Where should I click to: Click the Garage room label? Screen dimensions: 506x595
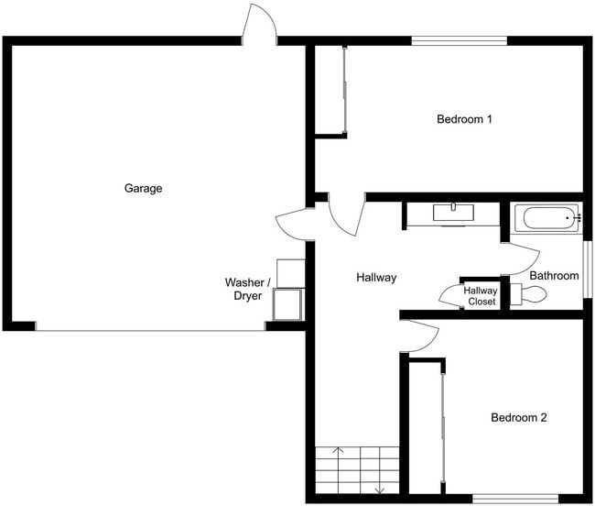point(143,189)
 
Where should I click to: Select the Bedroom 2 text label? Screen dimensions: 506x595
point(518,418)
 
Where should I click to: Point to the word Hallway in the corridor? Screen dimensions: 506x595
point(376,277)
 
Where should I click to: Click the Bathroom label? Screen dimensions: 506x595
point(555,276)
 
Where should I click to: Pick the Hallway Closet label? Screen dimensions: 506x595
point(481,296)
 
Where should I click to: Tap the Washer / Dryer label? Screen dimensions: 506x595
point(247,290)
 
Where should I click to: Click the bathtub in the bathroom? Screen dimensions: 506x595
point(546,219)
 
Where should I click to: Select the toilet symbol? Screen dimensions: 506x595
point(528,294)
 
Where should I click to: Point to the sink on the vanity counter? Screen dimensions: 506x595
point(453,211)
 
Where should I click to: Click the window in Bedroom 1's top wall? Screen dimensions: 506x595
point(459,40)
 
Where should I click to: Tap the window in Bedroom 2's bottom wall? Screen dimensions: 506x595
point(502,498)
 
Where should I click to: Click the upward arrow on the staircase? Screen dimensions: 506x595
point(338,451)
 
